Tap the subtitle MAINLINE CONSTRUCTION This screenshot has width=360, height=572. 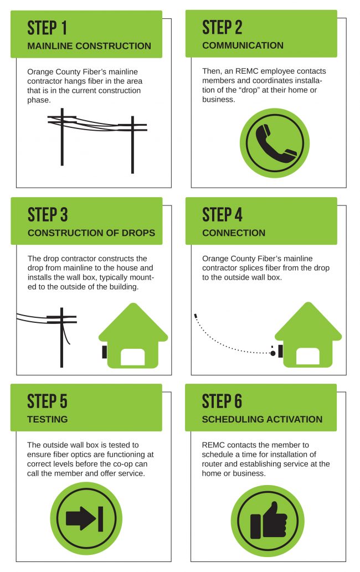[x=89, y=46]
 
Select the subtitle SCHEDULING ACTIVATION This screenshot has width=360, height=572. [x=262, y=419]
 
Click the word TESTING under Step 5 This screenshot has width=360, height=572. [x=48, y=419]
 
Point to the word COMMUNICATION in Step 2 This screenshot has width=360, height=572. [x=243, y=46]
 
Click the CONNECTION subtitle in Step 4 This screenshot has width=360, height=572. [x=234, y=233]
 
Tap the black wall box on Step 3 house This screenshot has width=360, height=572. [x=104, y=352]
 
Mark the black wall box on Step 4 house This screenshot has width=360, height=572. [x=280, y=351]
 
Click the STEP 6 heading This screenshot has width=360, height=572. [x=223, y=401]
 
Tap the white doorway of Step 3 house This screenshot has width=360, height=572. [x=133, y=357]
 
